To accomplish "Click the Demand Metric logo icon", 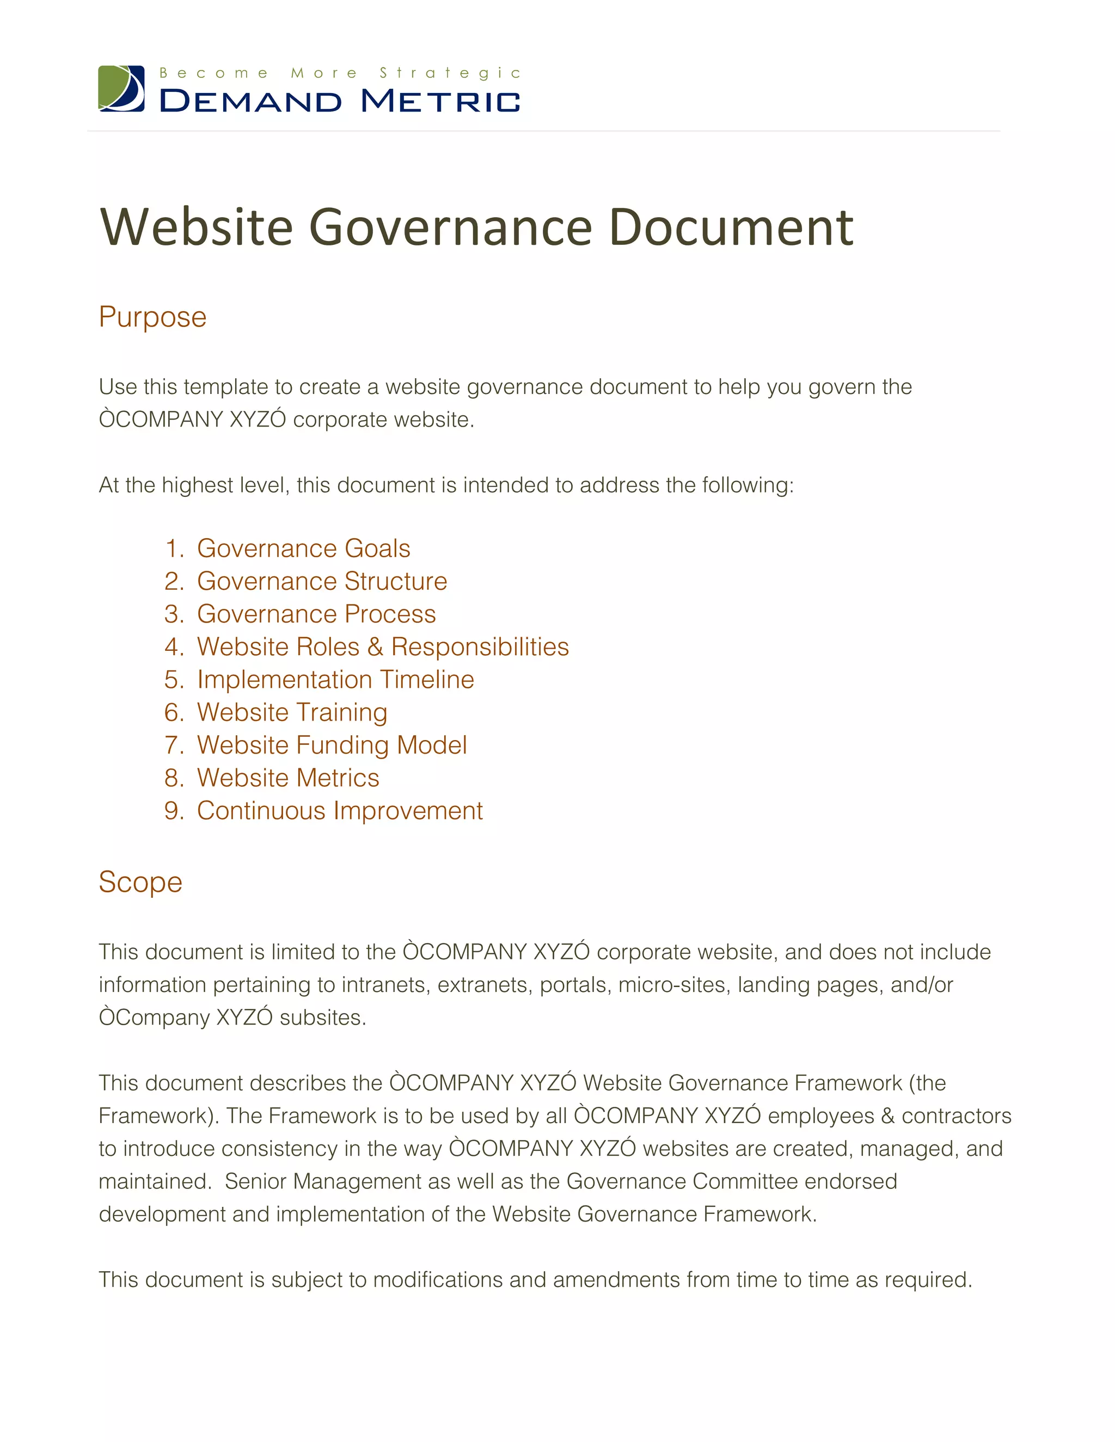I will click(121, 89).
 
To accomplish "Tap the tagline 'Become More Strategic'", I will click(340, 72).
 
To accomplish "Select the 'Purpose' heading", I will click(152, 317).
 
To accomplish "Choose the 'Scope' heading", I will click(140, 882).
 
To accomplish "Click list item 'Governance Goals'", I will click(303, 549).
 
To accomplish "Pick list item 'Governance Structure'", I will click(322, 582).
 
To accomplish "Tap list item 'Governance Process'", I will click(316, 614).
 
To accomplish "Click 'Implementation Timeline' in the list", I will click(335, 680).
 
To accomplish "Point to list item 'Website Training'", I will click(292, 712).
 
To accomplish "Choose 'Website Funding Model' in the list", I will click(332, 745).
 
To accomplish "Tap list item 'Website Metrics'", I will click(288, 778).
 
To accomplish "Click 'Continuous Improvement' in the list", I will click(340, 811).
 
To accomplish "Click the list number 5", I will click(173, 680).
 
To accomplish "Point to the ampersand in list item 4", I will click(375, 647).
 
